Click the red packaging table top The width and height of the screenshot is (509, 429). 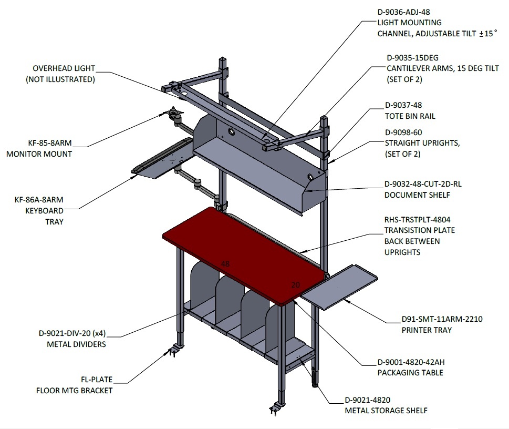tap(243, 255)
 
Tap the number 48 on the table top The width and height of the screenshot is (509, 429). tap(225, 263)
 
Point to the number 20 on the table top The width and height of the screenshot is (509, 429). tap(295, 285)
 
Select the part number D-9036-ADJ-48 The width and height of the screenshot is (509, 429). tap(403, 12)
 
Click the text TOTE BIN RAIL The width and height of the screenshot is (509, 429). tap(410, 116)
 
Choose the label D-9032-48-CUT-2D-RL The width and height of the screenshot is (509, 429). tap(423, 184)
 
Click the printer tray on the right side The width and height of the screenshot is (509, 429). tap(339, 288)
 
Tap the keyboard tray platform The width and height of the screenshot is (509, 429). tap(163, 159)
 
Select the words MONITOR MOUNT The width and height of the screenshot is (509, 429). tap(39, 154)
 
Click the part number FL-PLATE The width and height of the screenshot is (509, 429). tap(97, 379)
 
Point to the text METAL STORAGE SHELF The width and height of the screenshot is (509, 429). tap(386, 411)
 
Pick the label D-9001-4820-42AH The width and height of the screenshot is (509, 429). tap(411, 362)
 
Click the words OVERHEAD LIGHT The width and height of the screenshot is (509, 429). tap(64, 68)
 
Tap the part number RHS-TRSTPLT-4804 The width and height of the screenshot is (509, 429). tap(418, 220)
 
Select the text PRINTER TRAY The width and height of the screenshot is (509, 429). tap(427, 330)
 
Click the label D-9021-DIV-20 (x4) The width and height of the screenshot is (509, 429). tap(72, 333)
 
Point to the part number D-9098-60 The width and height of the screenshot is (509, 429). tap(403, 132)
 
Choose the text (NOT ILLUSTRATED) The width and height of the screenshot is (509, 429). tap(60, 79)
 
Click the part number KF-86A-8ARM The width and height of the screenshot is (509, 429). tap(39, 200)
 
